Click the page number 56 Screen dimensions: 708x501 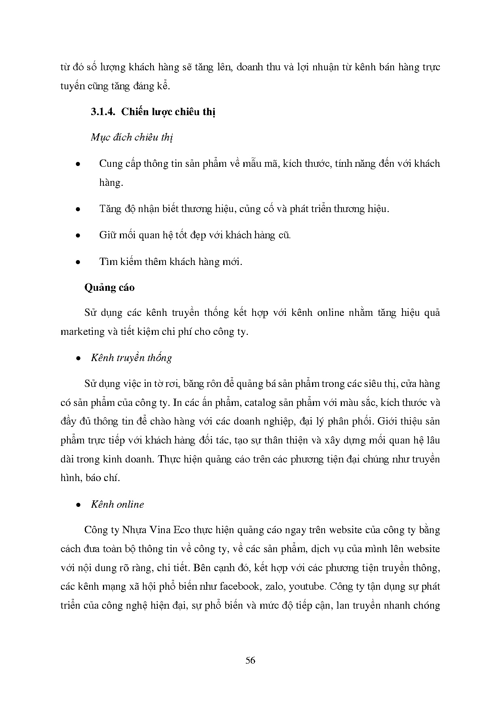pos(250,660)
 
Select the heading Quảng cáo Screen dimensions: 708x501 pos(109,288)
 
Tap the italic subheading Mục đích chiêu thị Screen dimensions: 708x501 pos(132,137)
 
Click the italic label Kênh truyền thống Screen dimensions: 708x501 pos(132,358)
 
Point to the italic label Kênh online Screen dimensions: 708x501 pos(117,504)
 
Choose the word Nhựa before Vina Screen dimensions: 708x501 pos(133,530)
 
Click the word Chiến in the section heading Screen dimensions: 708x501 pos(136,112)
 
